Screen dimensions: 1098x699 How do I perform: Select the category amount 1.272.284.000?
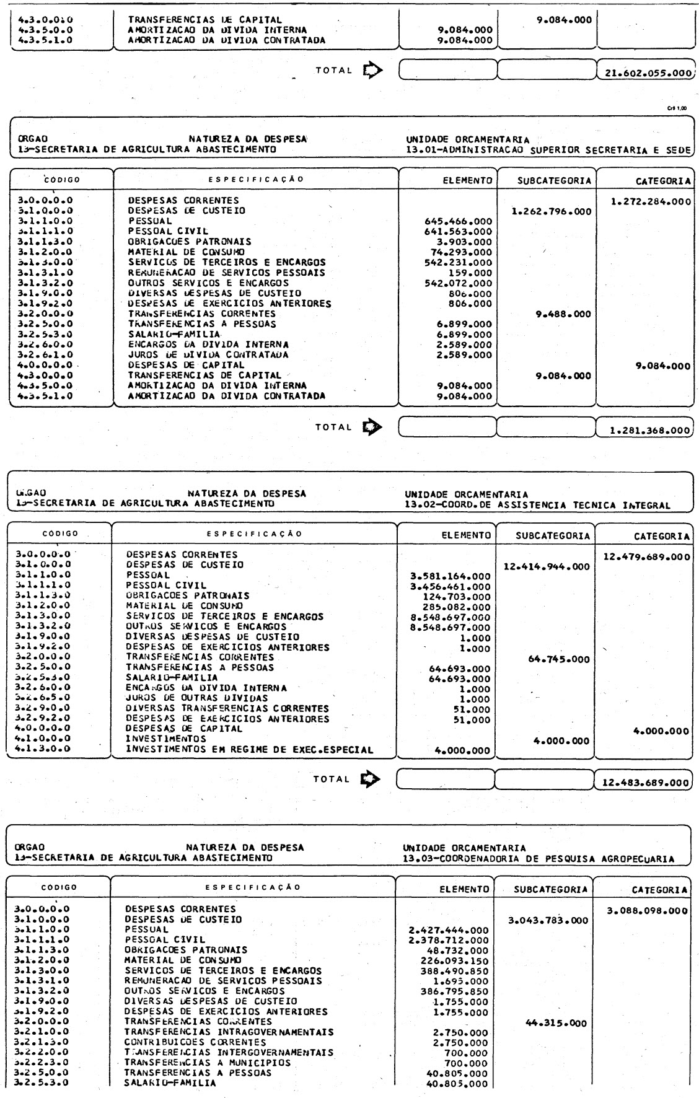click(651, 201)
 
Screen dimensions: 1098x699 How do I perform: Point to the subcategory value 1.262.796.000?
click(550, 211)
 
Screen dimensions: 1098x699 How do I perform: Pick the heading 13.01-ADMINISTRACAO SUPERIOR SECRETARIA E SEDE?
click(548, 149)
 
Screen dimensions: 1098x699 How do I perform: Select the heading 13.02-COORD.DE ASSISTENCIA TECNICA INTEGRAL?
click(537, 505)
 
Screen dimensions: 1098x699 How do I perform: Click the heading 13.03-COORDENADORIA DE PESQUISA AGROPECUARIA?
click(539, 859)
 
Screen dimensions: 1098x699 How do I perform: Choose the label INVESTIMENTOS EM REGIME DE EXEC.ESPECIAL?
click(250, 750)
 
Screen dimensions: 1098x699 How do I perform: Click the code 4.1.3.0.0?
click(43, 749)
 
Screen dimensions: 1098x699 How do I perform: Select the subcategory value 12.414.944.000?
click(547, 566)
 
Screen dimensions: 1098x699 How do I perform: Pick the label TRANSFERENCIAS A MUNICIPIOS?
click(208, 1062)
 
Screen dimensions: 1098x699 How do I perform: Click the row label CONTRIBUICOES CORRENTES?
click(186, 1042)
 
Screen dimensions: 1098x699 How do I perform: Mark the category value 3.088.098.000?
click(649, 910)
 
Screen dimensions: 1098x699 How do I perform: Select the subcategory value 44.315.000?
click(556, 1024)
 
